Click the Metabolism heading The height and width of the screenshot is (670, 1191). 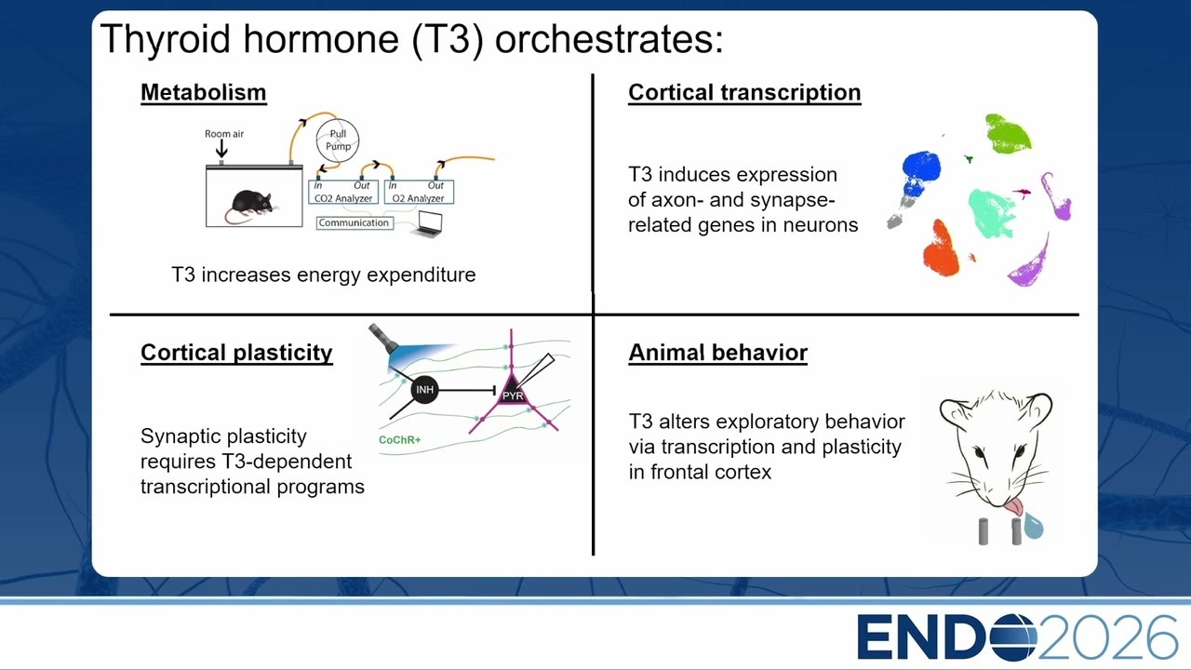pyautogui.click(x=204, y=92)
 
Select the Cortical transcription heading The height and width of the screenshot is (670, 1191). pyautogui.click(x=744, y=93)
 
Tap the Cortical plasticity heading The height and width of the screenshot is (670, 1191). pyautogui.click(x=236, y=353)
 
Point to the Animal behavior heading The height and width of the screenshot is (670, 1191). pyautogui.click(x=717, y=353)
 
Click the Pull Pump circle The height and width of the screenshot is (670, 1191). pyautogui.click(x=338, y=141)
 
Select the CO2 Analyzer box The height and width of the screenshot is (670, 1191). pyautogui.click(x=343, y=192)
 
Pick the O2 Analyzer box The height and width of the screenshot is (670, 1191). pyautogui.click(x=419, y=192)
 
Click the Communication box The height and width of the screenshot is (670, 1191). pyautogui.click(x=355, y=222)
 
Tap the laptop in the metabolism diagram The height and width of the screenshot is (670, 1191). pyautogui.click(x=427, y=223)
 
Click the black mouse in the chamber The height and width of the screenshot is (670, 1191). pyautogui.click(x=251, y=205)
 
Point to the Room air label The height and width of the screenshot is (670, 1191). pyautogui.click(x=224, y=134)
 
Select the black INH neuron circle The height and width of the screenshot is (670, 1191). pyautogui.click(x=425, y=390)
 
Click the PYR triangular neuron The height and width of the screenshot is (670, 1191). pyautogui.click(x=512, y=391)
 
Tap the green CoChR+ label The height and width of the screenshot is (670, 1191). pyautogui.click(x=400, y=440)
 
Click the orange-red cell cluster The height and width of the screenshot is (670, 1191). pyautogui.click(x=941, y=250)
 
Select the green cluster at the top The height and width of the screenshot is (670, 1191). pyautogui.click(x=1008, y=134)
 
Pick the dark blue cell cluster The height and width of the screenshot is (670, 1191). pyautogui.click(x=920, y=171)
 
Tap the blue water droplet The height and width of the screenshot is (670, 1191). pyautogui.click(x=1034, y=526)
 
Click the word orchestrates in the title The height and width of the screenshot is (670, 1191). pyautogui.click(x=609, y=39)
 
